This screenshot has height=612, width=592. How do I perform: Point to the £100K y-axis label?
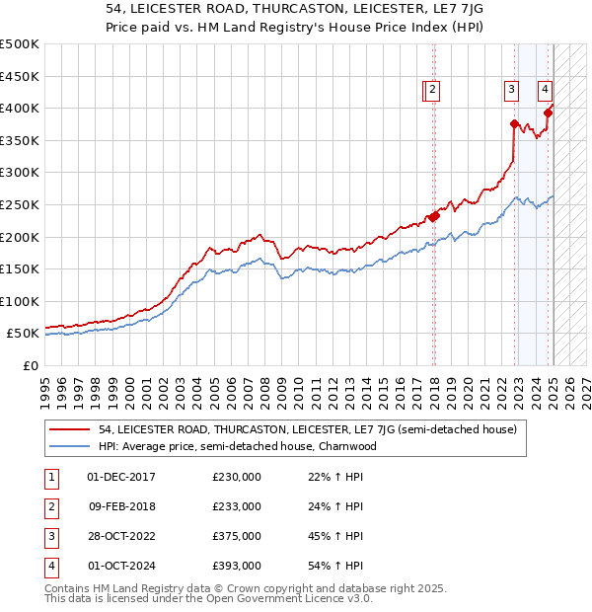[20, 301]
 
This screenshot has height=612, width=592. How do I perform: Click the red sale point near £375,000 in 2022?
[514, 123]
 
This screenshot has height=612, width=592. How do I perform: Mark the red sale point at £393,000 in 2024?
[549, 112]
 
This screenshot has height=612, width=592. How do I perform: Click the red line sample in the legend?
[71, 429]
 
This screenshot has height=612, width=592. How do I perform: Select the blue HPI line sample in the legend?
[71, 446]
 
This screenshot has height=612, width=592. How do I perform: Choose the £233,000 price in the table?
[237, 506]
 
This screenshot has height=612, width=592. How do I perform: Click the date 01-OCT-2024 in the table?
[121, 566]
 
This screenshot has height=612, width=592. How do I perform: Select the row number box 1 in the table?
[50, 477]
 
